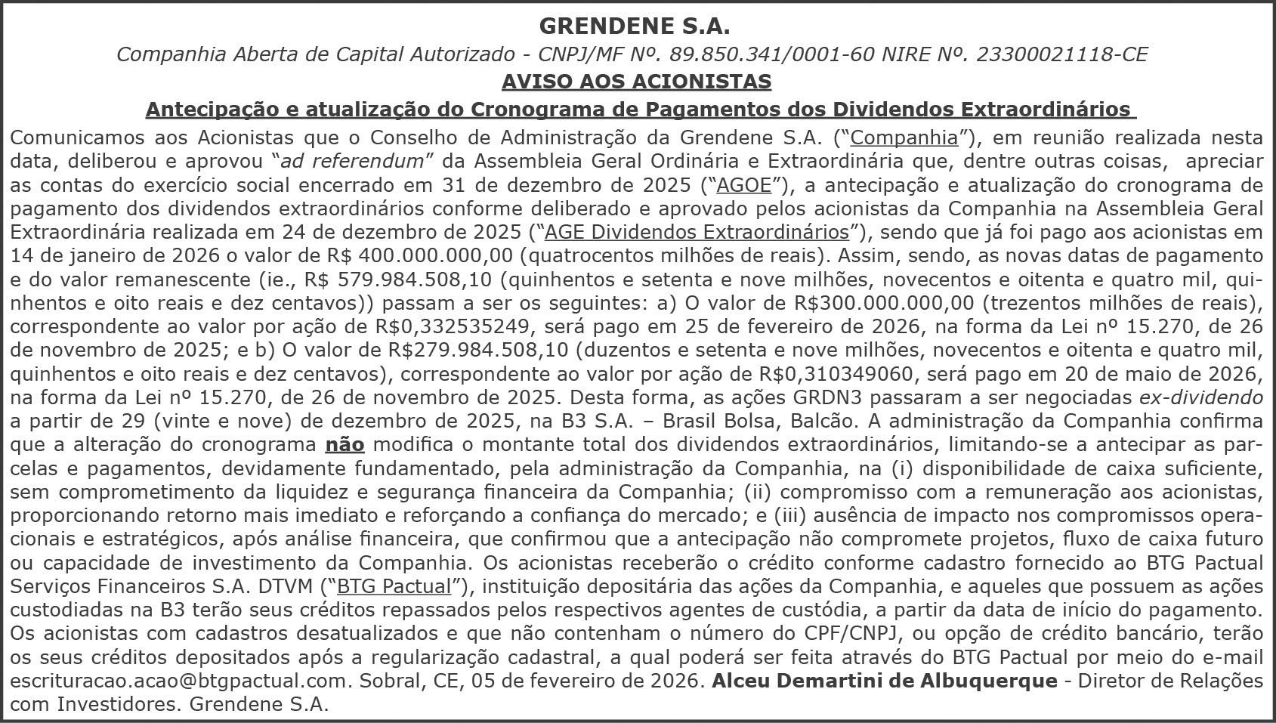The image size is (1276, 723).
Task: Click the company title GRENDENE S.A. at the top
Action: click(x=635, y=26)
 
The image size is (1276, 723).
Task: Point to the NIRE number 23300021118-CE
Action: click(x=1061, y=54)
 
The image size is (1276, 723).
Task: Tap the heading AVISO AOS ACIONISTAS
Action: click(x=636, y=82)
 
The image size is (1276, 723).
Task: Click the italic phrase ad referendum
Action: click(x=352, y=161)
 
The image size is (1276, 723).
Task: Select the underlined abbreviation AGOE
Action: click(x=743, y=185)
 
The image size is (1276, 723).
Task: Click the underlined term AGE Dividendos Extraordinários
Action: click(x=697, y=232)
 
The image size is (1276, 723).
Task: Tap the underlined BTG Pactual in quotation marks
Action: click(x=394, y=587)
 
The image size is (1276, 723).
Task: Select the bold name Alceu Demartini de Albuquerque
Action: click(x=884, y=681)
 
